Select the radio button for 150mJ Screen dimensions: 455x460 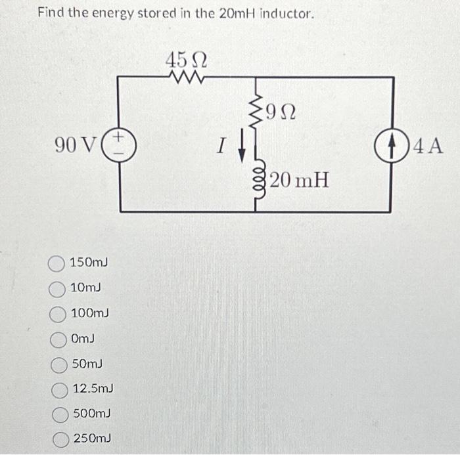(57, 264)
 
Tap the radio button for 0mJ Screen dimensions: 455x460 (58, 339)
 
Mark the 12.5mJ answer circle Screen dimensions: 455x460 (59, 389)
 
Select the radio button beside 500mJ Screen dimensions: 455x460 (60, 414)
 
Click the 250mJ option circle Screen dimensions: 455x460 (60, 439)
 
